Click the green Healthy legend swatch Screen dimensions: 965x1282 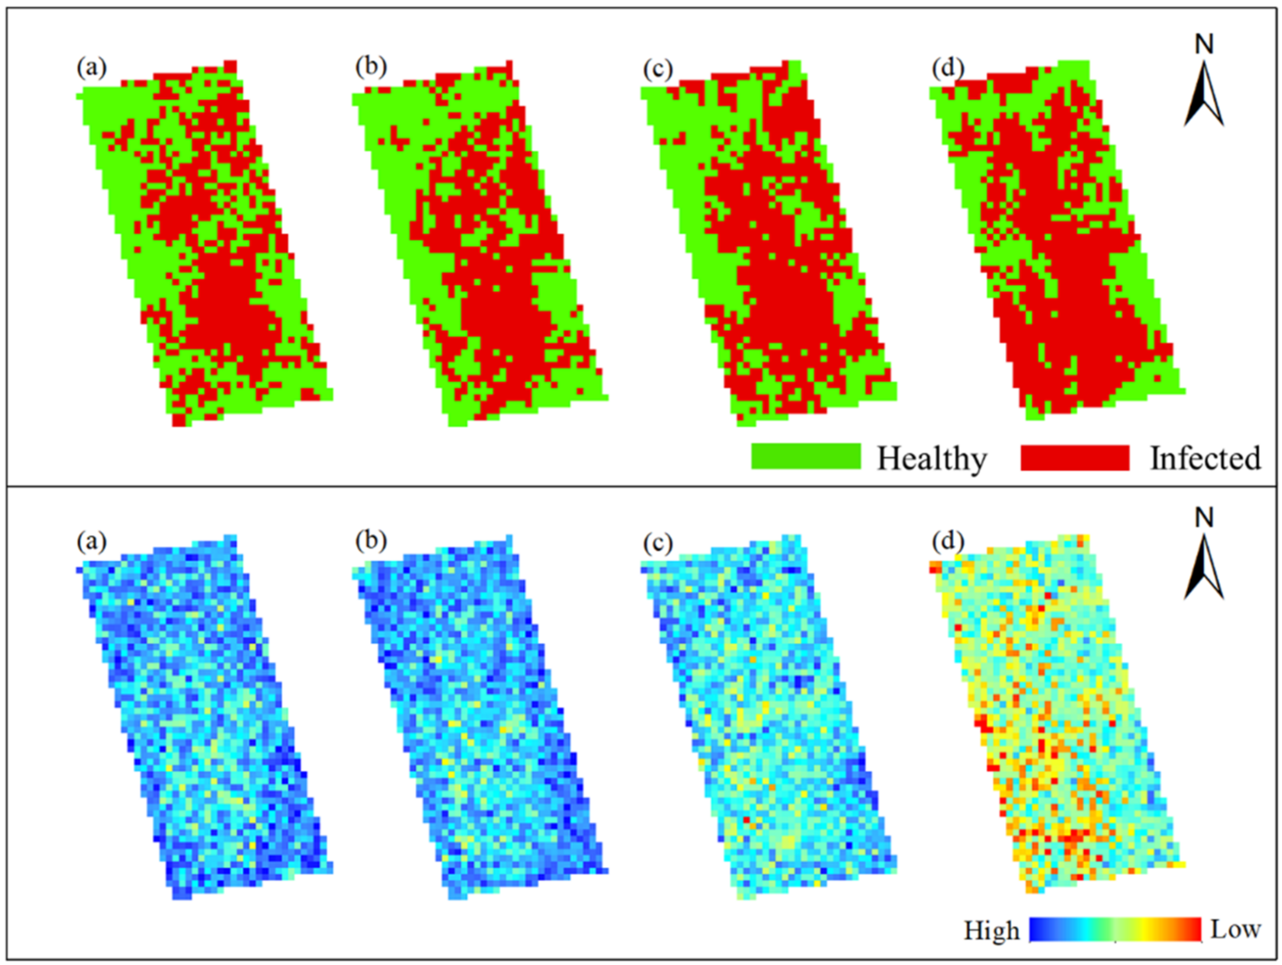pyautogui.click(x=805, y=457)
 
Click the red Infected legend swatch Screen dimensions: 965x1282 pyautogui.click(x=1074, y=457)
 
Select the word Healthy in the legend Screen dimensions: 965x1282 pyautogui.click(x=932, y=459)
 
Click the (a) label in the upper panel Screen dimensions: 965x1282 pyautogui.click(x=91, y=68)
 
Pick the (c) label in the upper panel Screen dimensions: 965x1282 pyautogui.click(x=658, y=69)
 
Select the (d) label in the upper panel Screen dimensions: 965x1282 pyautogui.click(x=947, y=68)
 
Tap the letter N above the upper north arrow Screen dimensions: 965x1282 pyautogui.click(x=1204, y=45)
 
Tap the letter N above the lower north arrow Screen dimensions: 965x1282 pyautogui.click(x=1204, y=518)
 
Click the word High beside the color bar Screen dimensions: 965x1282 pyautogui.click(x=991, y=931)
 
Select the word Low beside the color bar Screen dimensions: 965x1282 pyautogui.click(x=1235, y=929)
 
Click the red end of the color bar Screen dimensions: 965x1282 pyautogui.click(x=1193, y=929)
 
